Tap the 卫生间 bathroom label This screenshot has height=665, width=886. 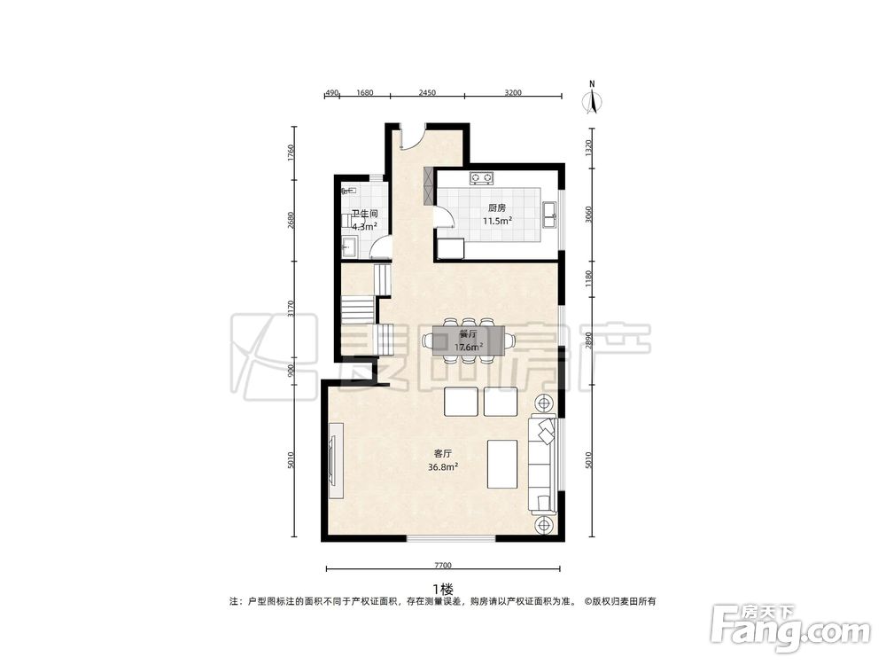364,215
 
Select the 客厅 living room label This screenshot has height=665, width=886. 443,453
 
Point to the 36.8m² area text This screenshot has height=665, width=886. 443,467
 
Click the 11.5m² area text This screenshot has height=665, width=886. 497,221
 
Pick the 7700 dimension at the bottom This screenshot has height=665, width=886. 443,565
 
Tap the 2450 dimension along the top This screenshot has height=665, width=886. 427,93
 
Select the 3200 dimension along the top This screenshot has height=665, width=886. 513,93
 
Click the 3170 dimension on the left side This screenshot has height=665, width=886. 291,309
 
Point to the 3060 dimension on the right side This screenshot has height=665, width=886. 589,215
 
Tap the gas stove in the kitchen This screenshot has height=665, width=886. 481,178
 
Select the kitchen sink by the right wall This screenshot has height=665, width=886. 550,215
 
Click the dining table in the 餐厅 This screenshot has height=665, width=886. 469,340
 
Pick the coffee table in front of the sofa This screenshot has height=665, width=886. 502,465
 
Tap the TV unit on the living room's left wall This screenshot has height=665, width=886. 336,460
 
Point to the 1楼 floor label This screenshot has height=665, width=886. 443,590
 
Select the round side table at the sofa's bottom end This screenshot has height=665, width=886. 545,525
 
